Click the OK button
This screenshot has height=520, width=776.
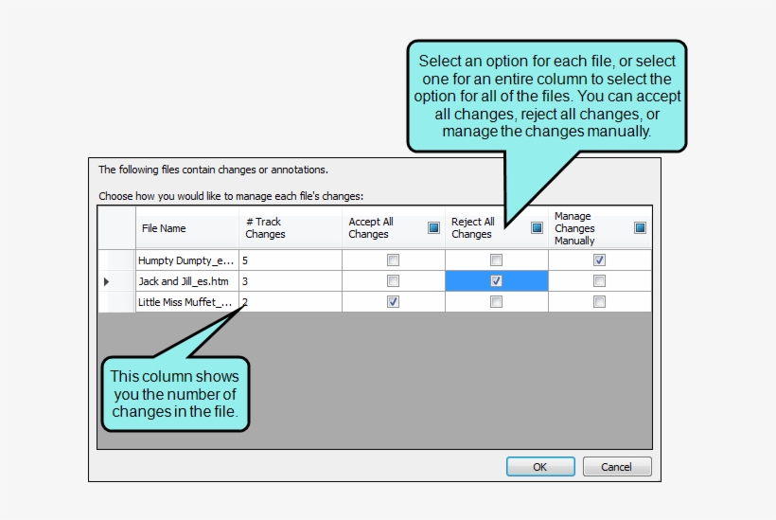(540, 466)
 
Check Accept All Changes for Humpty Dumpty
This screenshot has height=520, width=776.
(394, 260)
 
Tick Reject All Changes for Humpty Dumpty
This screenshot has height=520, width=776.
(496, 260)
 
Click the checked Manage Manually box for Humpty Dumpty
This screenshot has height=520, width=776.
(599, 260)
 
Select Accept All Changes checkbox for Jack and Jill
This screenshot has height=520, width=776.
(394, 281)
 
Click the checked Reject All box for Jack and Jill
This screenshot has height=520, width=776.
(496, 281)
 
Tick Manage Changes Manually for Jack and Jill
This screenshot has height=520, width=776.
(599, 281)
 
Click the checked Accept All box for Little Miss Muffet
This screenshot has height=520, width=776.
(394, 302)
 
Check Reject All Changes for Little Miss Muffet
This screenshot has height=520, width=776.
(496, 302)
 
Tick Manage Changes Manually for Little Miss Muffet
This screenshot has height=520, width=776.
(599, 302)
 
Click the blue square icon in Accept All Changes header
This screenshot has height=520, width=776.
(433, 227)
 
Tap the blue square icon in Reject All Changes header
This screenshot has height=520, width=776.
(537, 227)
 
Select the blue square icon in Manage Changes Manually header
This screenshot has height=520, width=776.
(640, 227)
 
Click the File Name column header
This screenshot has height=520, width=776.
(164, 228)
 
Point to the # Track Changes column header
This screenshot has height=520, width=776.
(265, 228)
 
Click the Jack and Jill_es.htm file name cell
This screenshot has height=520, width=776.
(185, 281)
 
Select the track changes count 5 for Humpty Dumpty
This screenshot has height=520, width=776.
(245, 260)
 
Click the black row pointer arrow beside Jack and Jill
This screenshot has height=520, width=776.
(107, 281)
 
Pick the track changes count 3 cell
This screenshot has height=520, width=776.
(245, 281)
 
